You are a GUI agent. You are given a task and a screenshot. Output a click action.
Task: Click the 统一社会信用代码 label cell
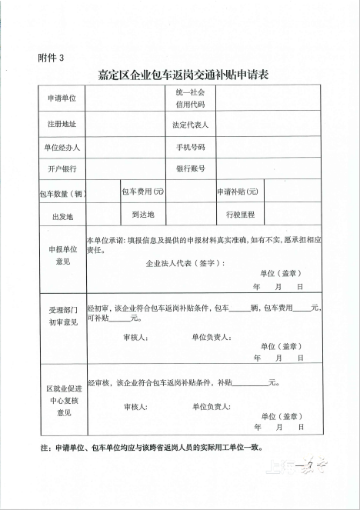189,98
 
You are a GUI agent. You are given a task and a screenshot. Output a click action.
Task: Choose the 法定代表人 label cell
191,123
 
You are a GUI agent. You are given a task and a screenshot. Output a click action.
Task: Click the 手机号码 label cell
190,146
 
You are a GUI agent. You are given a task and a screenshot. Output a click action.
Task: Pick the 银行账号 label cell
190,168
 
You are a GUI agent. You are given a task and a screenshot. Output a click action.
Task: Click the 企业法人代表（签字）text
185,263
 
